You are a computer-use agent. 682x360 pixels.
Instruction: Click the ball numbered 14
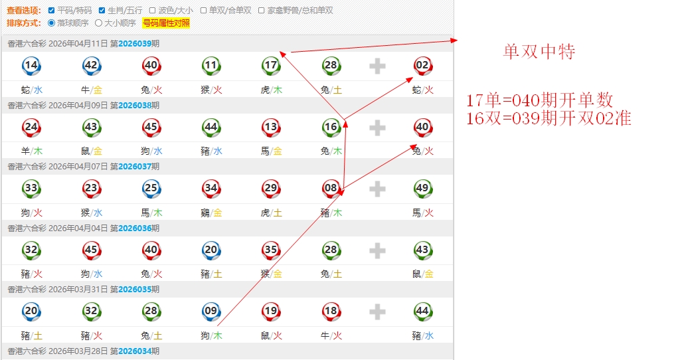(x=31, y=65)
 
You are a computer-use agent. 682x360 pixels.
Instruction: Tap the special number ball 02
(x=422, y=65)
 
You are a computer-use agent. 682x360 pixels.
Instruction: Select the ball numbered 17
(x=271, y=65)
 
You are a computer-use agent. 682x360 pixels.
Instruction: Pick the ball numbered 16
(x=331, y=127)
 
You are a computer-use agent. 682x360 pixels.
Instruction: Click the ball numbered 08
(x=331, y=188)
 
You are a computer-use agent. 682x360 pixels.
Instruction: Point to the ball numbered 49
(x=422, y=188)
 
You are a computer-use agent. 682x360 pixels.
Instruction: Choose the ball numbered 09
(x=211, y=311)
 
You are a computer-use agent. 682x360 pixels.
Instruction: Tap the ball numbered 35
(x=271, y=250)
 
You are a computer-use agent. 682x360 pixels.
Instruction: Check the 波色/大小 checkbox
(x=153, y=11)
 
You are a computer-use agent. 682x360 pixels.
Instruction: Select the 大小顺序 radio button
(x=99, y=23)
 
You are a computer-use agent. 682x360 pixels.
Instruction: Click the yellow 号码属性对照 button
(x=166, y=23)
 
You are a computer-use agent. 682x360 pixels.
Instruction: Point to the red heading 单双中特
(x=539, y=52)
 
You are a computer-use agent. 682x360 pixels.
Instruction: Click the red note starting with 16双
(x=548, y=118)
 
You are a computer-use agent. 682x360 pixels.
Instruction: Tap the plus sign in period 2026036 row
(x=377, y=250)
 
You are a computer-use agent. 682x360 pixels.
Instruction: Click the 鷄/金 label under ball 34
(x=211, y=213)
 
